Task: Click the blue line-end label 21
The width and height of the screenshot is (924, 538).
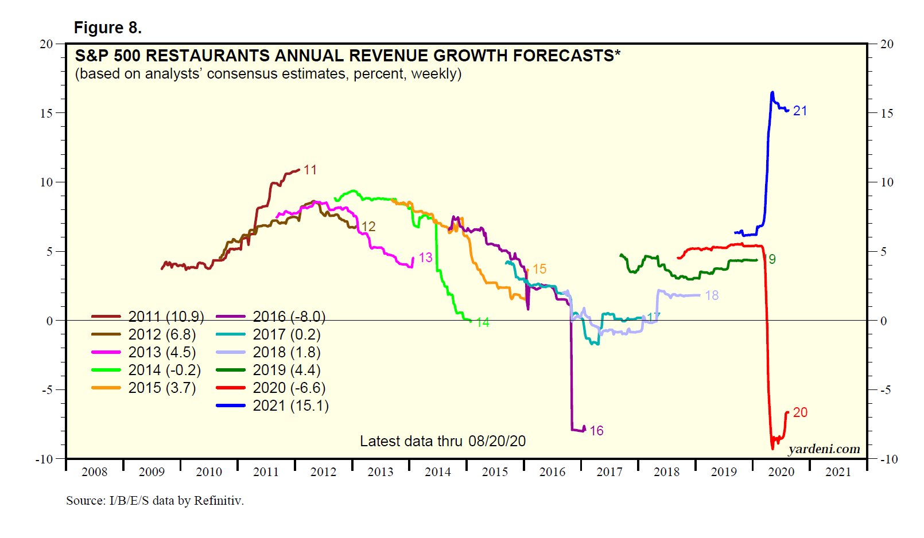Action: tap(800, 111)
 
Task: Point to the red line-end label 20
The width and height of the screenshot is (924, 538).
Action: tap(800, 412)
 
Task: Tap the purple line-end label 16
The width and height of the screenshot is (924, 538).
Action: tap(596, 431)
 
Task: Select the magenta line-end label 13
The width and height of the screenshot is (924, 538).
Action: tap(425, 258)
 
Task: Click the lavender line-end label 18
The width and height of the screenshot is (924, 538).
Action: tap(712, 295)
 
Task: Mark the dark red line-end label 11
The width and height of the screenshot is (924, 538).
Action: tap(310, 170)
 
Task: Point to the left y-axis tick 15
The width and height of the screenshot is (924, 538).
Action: tap(46, 113)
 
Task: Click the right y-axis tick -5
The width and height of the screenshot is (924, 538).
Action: tap(886, 390)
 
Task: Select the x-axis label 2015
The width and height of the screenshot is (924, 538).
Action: tap(495, 472)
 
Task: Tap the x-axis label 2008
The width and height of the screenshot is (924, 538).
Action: tap(94, 472)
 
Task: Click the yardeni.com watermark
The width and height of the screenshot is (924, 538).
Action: tap(824, 449)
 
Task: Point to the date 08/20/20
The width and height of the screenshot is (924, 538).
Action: tap(497, 441)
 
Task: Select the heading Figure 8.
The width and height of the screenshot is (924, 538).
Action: tap(108, 28)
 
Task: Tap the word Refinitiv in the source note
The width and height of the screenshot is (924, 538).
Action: tap(219, 501)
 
